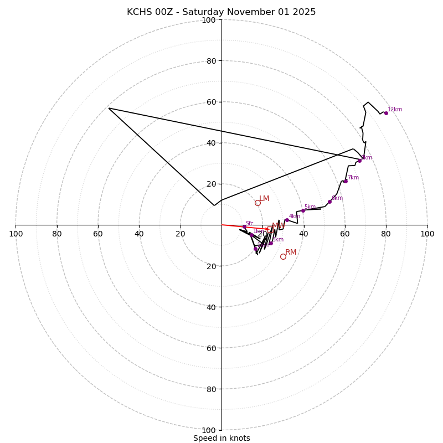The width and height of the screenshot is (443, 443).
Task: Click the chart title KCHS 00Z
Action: (x=221, y=12)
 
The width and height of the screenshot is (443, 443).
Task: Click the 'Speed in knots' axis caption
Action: (x=221, y=438)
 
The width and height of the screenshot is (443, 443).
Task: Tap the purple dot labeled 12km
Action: (x=386, y=113)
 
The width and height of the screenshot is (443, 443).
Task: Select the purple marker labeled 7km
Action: (x=346, y=181)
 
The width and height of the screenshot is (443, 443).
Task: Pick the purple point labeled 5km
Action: (x=303, y=210)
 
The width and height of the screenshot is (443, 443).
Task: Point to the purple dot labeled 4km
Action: (x=287, y=220)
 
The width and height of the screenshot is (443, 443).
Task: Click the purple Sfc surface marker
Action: (x=244, y=226)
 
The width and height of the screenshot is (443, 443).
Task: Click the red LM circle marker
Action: (x=257, y=203)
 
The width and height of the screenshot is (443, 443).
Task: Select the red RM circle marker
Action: (x=283, y=256)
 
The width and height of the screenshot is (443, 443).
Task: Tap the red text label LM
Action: (x=264, y=198)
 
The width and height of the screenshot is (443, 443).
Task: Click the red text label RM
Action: (x=291, y=252)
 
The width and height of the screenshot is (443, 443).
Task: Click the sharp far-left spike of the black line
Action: (x=109, y=108)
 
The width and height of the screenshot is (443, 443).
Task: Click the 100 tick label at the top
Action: (x=209, y=20)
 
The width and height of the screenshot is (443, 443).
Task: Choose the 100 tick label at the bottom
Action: (x=209, y=430)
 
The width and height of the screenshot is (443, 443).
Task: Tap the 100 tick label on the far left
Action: (x=16, y=234)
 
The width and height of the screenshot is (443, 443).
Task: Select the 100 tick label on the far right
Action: (x=427, y=234)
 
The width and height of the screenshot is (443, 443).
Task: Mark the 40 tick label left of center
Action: (x=139, y=234)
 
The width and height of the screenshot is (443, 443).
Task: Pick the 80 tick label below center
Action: (x=210, y=389)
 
